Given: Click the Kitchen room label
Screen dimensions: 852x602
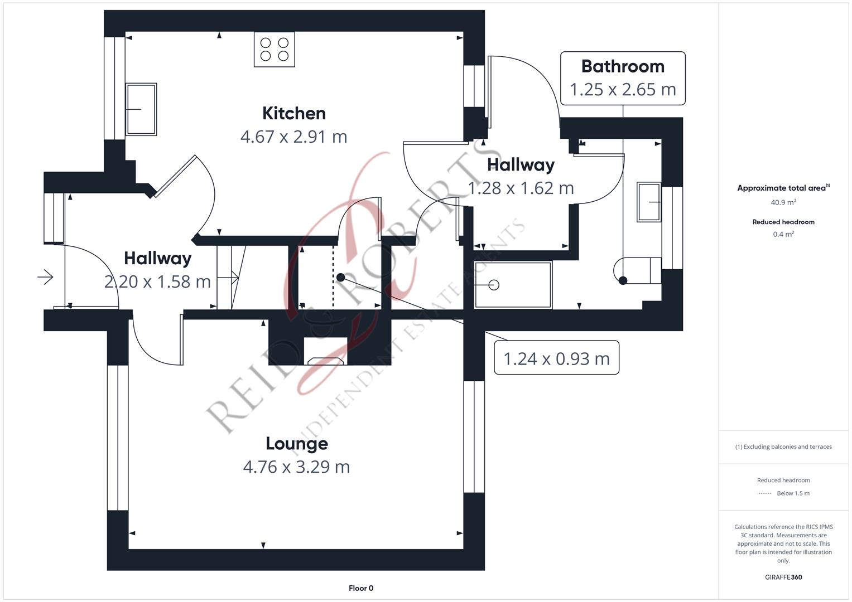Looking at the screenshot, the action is (x=294, y=113).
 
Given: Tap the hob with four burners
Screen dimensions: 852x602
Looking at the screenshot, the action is (x=275, y=50).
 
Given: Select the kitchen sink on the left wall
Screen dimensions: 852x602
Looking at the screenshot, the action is (x=141, y=109).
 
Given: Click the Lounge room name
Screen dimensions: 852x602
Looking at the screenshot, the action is (x=297, y=444).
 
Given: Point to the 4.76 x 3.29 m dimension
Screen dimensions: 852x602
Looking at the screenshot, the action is (x=296, y=467).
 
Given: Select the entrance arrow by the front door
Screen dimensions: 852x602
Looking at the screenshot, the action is (x=45, y=277).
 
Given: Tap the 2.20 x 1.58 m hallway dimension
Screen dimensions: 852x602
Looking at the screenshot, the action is (x=157, y=281).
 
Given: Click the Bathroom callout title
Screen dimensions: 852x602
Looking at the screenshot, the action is (x=623, y=66).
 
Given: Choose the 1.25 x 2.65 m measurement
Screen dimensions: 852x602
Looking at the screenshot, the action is (x=623, y=90).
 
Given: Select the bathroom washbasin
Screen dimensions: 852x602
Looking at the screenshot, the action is (x=649, y=202).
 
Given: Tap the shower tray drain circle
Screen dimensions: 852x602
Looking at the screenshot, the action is (x=494, y=285).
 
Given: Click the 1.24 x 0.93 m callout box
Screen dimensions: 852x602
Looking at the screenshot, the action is (x=556, y=358).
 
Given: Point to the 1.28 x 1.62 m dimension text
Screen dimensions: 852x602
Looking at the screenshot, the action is (x=521, y=188).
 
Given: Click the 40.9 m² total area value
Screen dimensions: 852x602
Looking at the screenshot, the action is (x=783, y=202).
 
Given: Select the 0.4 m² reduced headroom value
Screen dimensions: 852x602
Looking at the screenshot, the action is (x=783, y=234).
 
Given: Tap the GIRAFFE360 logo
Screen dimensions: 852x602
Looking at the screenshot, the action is (x=783, y=577).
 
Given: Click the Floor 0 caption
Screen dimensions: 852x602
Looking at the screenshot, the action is (x=361, y=588).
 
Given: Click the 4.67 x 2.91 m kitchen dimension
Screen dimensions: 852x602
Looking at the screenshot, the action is (x=293, y=137).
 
